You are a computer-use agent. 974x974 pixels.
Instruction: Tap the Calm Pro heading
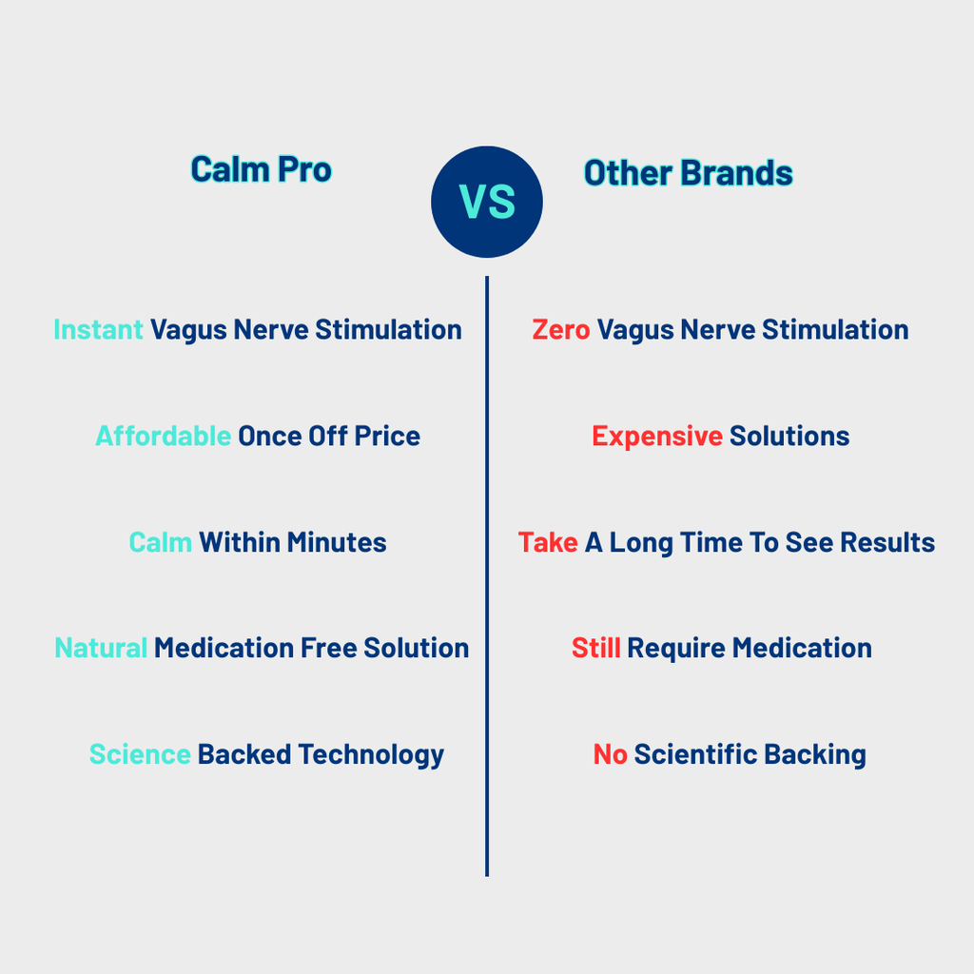pyautogui.click(x=261, y=169)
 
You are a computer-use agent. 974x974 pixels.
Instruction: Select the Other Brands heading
pyautogui.click(x=688, y=173)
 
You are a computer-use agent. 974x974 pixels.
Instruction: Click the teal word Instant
pyautogui.click(x=98, y=330)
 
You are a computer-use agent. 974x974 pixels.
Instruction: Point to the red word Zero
pyautogui.click(x=560, y=330)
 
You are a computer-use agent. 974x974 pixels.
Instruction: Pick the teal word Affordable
pyautogui.click(x=163, y=437)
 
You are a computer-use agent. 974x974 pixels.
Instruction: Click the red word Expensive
pyautogui.click(x=656, y=437)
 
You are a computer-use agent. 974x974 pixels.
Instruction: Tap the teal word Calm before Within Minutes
pyautogui.click(x=160, y=543)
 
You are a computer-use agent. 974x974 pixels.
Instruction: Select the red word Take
pyautogui.click(x=547, y=543)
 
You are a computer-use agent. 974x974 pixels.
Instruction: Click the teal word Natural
pyautogui.click(x=101, y=649)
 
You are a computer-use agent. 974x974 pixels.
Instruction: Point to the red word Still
pyautogui.click(x=595, y=649)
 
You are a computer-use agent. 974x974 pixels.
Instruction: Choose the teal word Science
pyautogui.click(x=140, y=755)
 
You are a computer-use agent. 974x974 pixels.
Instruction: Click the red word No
pyautogui.click(x=610, y=755)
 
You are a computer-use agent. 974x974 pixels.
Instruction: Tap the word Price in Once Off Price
pyautogui.click(x=387, y=437)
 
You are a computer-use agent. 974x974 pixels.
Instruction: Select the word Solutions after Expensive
pyautogui.click(x=789, y=437)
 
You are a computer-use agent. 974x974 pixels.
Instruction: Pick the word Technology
pyautogui.click(x=371, y=755)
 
